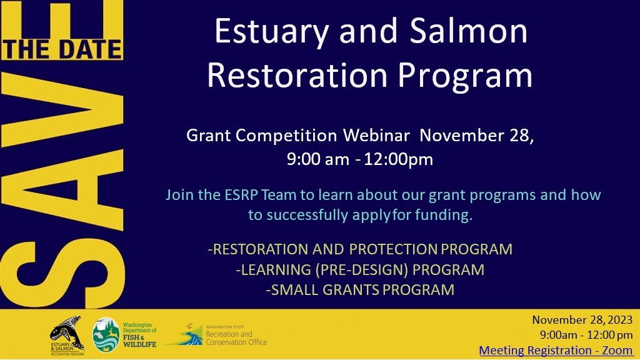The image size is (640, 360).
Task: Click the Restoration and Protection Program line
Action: (360, 249)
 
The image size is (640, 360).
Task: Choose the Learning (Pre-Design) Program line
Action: (360, 269)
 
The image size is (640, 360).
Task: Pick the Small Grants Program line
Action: (360, 290)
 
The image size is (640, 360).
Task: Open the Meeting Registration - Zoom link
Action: (556, 351)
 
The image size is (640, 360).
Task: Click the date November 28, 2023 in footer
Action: (582, 320)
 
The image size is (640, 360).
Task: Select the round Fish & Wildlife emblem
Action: (106, 335)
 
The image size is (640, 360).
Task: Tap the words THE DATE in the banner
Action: (62, 49)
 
